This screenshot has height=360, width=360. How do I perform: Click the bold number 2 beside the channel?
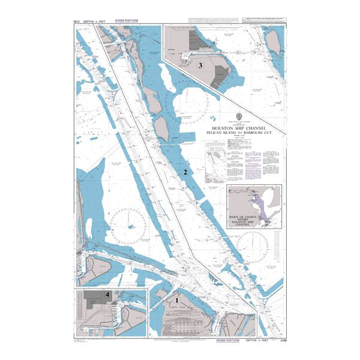point(185,172)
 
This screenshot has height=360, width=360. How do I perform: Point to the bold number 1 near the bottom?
point(177,298)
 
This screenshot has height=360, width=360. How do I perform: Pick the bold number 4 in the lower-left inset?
point(107,295)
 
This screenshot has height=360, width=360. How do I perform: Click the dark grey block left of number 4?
point(93,302)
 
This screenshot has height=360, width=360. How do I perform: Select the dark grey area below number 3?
point(221,79)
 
